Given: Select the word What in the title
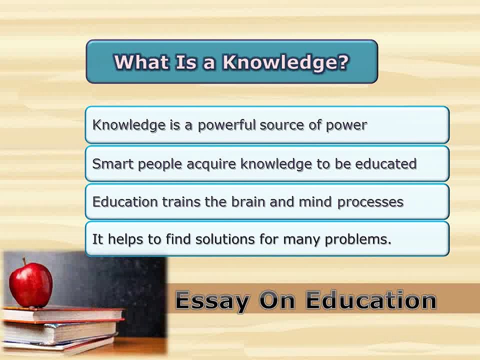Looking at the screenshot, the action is [x=141, y=61].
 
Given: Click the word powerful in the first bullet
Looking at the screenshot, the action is [x=226, y=125].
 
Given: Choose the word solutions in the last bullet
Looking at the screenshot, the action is [x=225, y=239].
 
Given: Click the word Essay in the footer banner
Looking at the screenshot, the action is [x=212, y=301].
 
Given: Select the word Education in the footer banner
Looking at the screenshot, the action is [x=371, y=300].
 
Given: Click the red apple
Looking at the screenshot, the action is [x=30, y=284].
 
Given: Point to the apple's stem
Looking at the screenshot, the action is [x=24, y=261].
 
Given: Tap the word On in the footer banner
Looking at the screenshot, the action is [x=277, y=300].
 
